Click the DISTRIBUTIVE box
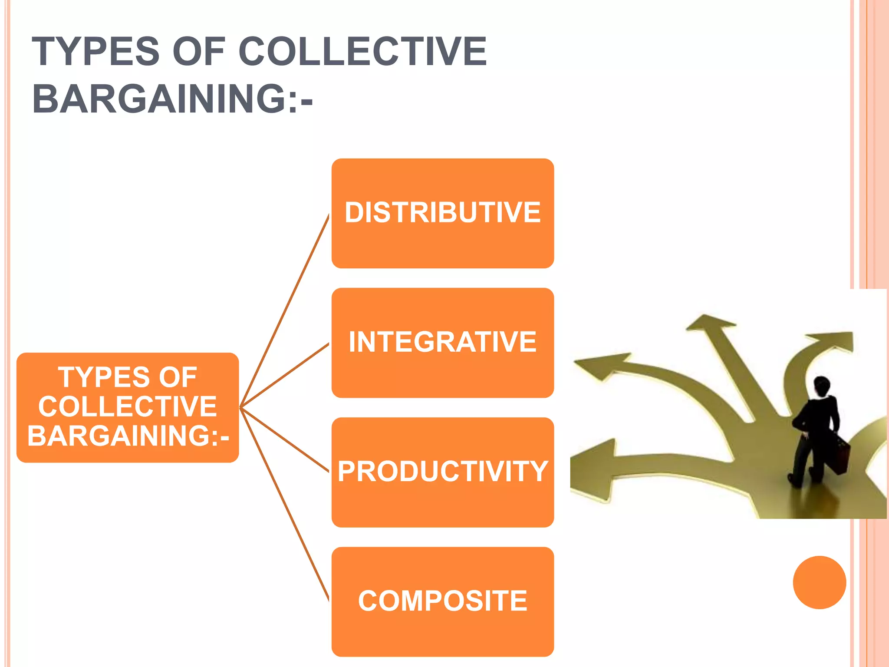(x=442, y=213)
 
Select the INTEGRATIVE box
(x=442, y=343)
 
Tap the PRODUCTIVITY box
(x=442, y=472)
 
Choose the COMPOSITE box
(x=442, y=601)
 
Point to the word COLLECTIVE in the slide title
(x=362, y=52)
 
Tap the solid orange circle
(x=819, y=582)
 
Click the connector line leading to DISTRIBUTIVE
(x=284, y=310)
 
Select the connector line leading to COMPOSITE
(x=284, y=504)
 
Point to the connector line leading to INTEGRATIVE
(x=284, y=376)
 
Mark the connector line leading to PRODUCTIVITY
(x=284, y=439)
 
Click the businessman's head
(x=821, y=385)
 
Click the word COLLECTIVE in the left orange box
(x=128, y=406)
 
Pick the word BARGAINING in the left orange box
(x=122, y=436)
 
